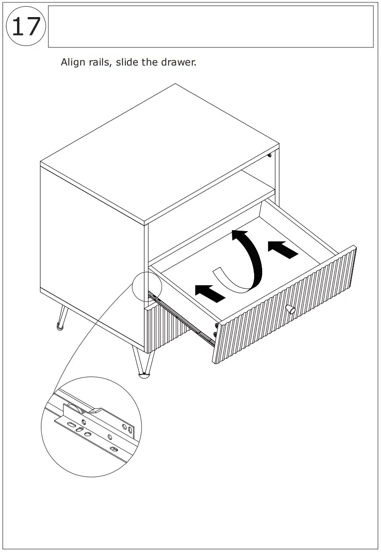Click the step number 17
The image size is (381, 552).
[26, 27]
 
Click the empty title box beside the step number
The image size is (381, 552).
[210, 27]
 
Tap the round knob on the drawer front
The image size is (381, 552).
[290, 310]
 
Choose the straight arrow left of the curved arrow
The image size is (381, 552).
[210, 293]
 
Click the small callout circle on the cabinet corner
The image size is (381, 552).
[147, 286]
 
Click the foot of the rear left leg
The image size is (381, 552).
[59, 327]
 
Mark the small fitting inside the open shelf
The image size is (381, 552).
[270, 155]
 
